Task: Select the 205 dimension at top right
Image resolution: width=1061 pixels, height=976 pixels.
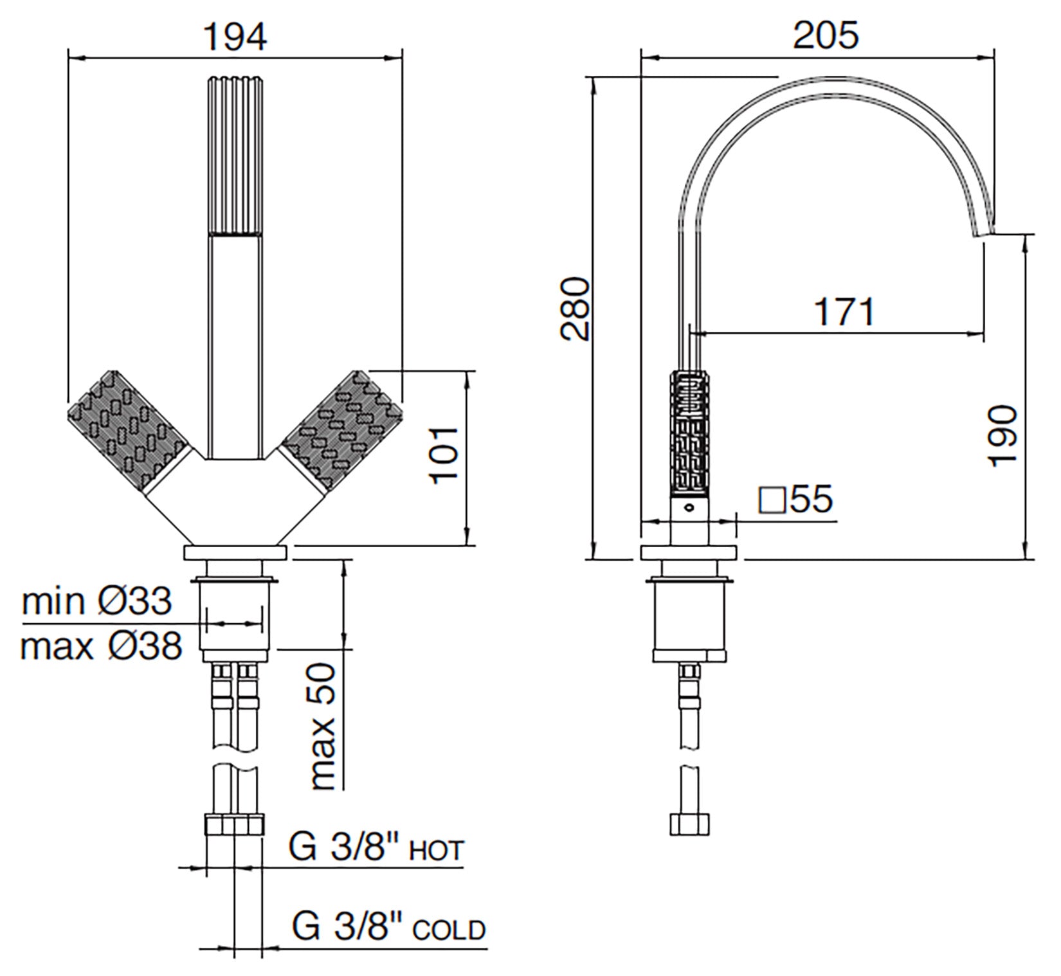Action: [x=826, y=35]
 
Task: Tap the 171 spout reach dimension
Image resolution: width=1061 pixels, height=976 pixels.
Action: [x=845, y=312]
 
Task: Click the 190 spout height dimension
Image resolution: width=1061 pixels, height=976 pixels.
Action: [x=1004, y=435]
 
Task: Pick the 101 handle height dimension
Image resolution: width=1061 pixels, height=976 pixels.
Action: [x=445, y=455]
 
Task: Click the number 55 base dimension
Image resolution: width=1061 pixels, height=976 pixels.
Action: [x=812, y=499]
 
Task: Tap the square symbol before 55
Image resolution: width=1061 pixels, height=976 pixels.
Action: [x=772, y=500]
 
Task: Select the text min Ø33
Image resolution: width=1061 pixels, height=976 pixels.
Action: [x=97, y=601]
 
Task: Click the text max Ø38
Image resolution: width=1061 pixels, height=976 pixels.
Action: [x=101, y=646]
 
